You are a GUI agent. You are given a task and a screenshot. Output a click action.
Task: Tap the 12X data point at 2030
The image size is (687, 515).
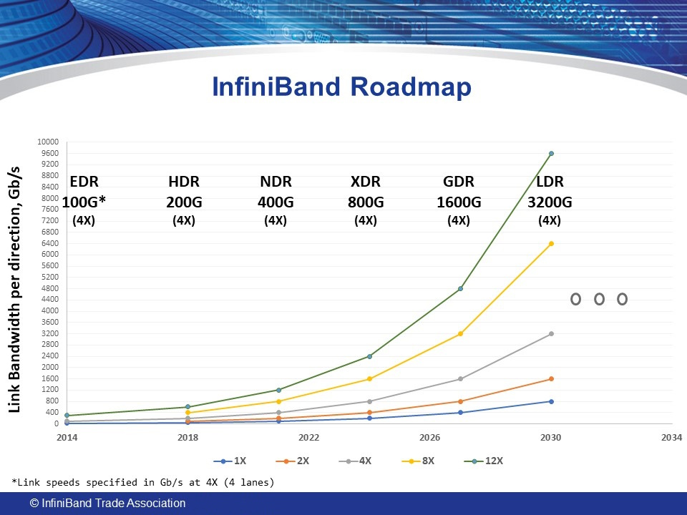[x=551, y=153]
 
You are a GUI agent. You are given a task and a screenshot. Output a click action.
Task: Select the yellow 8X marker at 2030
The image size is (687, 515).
[x=551, y=243]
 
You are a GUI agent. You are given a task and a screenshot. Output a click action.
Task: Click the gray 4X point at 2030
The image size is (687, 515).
[x=551, y=333]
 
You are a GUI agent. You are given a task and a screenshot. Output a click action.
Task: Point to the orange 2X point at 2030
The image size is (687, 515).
[x=551, y=378]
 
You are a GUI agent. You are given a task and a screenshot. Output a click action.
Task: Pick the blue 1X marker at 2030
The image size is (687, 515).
[x=551, y=401]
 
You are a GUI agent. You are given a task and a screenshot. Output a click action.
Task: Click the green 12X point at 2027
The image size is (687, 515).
[x=460, y=288]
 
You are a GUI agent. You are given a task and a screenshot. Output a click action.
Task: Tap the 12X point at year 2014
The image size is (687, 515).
[x=67, y=416]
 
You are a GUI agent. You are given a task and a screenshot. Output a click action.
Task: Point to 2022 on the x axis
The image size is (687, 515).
[x=308, y=437]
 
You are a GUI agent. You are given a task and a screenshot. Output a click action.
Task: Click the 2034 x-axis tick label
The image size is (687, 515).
[x=671, y=437]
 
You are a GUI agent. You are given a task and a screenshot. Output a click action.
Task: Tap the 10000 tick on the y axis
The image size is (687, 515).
[x=49, y=142]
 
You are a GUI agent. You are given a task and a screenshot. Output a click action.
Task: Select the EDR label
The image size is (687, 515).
[x=84, y=182]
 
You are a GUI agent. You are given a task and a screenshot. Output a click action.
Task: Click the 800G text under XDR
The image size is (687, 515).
[x=365, y=202]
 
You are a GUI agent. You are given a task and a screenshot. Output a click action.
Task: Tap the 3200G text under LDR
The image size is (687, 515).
[x=549, y=202]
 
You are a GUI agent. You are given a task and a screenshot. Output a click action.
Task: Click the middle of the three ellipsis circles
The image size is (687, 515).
[x=599, y=299]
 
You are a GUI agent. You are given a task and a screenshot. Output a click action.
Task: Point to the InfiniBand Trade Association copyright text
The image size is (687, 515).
[x=108, y=504]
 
